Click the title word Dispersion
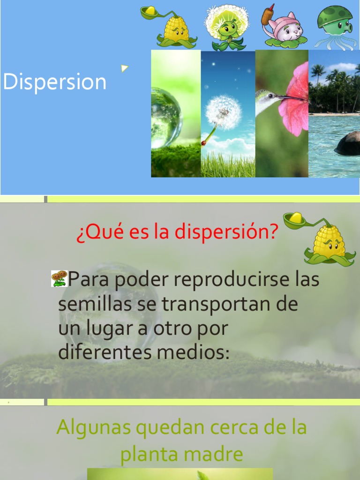tap(55, 82)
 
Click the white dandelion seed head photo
tap(224, 112)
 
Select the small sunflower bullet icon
tap(59, 278)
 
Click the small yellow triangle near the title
tap(124, 68)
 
